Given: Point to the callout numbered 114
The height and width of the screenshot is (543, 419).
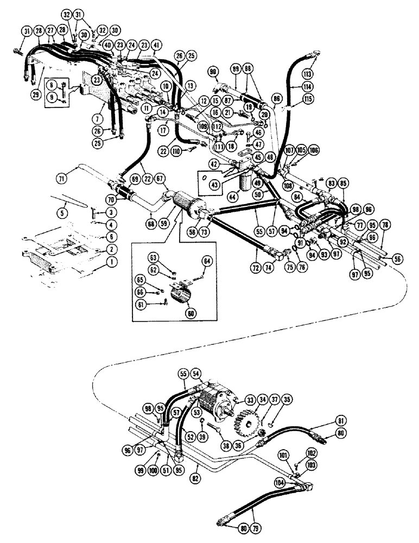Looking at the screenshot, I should coord(309,87).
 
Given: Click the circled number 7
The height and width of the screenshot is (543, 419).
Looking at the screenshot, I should coord(97,117).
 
